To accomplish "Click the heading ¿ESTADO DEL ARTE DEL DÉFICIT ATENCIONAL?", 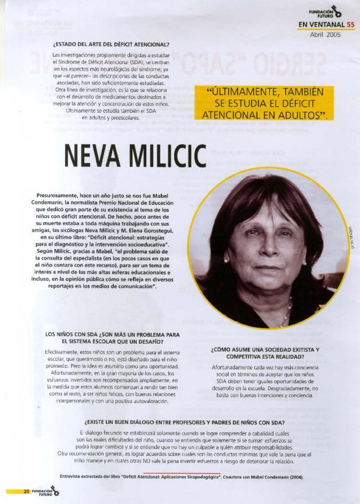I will (x=111, y=44).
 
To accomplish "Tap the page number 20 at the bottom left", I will (x=27, y=492).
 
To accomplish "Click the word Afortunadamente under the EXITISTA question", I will (x=232, y=367).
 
